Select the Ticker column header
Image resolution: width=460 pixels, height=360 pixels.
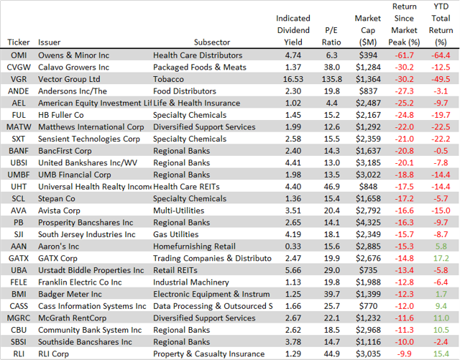coord(19,42)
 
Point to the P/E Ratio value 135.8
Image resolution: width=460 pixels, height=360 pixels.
coord(331,79)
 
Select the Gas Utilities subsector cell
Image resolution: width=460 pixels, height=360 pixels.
coord(174,232)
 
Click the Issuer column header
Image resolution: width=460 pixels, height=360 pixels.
coord(50,42)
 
